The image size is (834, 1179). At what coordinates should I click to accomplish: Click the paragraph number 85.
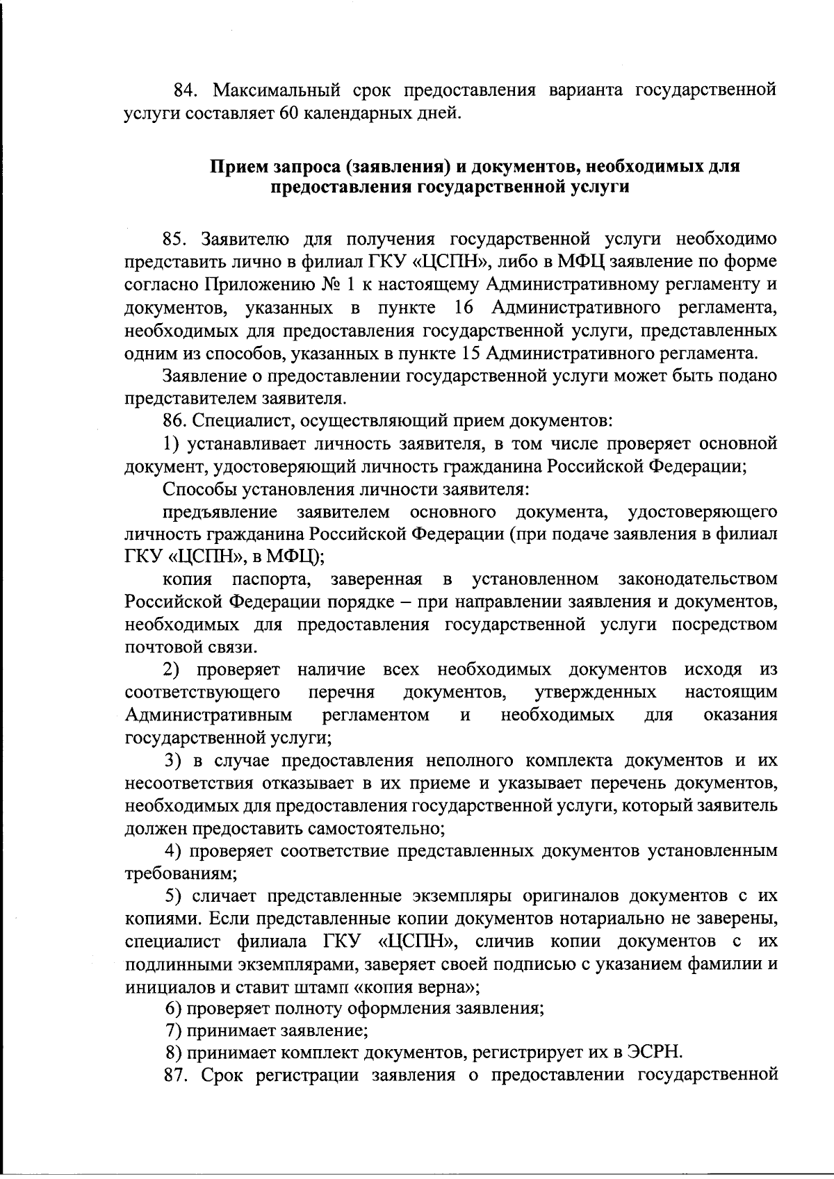coord(175,240)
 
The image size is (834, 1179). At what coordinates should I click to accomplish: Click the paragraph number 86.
coord(175,421)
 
